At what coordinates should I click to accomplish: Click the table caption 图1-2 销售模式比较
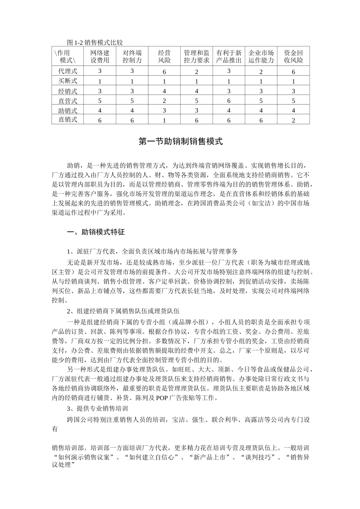pos(94,42)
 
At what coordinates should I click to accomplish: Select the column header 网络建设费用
pos(100,56)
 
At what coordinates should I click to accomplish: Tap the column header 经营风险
pos(164,56)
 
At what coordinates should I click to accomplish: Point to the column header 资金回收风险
pos(293,56)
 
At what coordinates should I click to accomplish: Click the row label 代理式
pos(68,71)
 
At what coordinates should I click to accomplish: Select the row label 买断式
pos(68,81)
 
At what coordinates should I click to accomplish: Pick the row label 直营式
pos(68,101)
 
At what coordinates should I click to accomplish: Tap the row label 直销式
pos(68,120)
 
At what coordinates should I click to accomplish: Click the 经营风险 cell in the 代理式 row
pos(164,72)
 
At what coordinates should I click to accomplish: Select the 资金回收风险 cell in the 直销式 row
pos(293,120)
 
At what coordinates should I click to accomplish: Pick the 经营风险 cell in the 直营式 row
pos(164,101)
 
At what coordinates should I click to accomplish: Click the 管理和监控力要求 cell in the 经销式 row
pos(197,91)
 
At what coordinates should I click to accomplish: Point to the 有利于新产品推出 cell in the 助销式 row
pos(229,111)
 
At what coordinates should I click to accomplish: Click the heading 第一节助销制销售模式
pos(180,142)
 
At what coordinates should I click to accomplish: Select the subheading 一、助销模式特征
pos(96,232)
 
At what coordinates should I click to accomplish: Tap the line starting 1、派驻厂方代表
pos(152,251)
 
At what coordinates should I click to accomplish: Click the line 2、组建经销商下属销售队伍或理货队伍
pos(123,311)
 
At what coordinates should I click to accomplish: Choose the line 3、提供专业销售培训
pos(97,409)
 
